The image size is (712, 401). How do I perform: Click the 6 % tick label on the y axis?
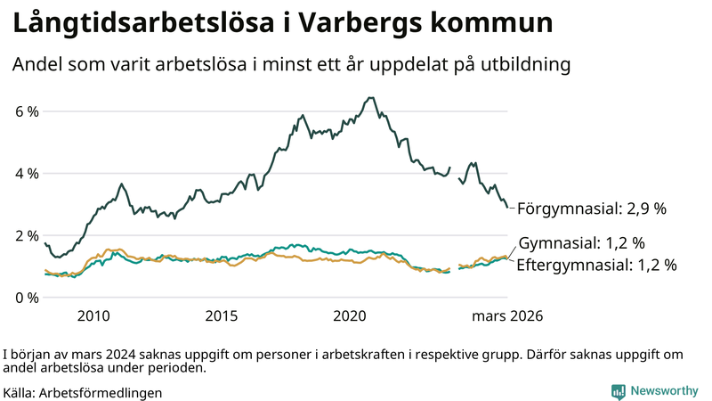[x=26, y=111]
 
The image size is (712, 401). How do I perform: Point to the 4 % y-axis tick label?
[x=26, y=173]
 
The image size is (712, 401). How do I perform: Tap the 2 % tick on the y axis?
[x=26, y=235]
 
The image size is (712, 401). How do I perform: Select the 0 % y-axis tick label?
[x=26, y=297]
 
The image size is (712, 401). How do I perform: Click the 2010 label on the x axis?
[x=93, y=316]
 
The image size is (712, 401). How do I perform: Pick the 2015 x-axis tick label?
[x=222, y=316]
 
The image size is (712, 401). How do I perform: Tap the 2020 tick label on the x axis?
[x=350, y=316]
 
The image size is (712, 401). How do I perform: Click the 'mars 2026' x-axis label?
[x=506, y=316]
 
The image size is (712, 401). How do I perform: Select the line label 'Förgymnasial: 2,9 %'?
[x=592, y=209]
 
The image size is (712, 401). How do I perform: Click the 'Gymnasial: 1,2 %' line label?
[x=581, y=243]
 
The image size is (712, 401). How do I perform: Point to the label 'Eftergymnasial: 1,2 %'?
[x=596, y=265]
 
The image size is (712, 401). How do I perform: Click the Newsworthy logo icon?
[x=618, y=391]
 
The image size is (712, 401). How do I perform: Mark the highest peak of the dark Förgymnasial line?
[x=369, y=98]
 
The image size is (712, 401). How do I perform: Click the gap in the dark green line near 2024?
[x=454, y=173]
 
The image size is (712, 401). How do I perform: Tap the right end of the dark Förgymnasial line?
[x=507, y=208]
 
